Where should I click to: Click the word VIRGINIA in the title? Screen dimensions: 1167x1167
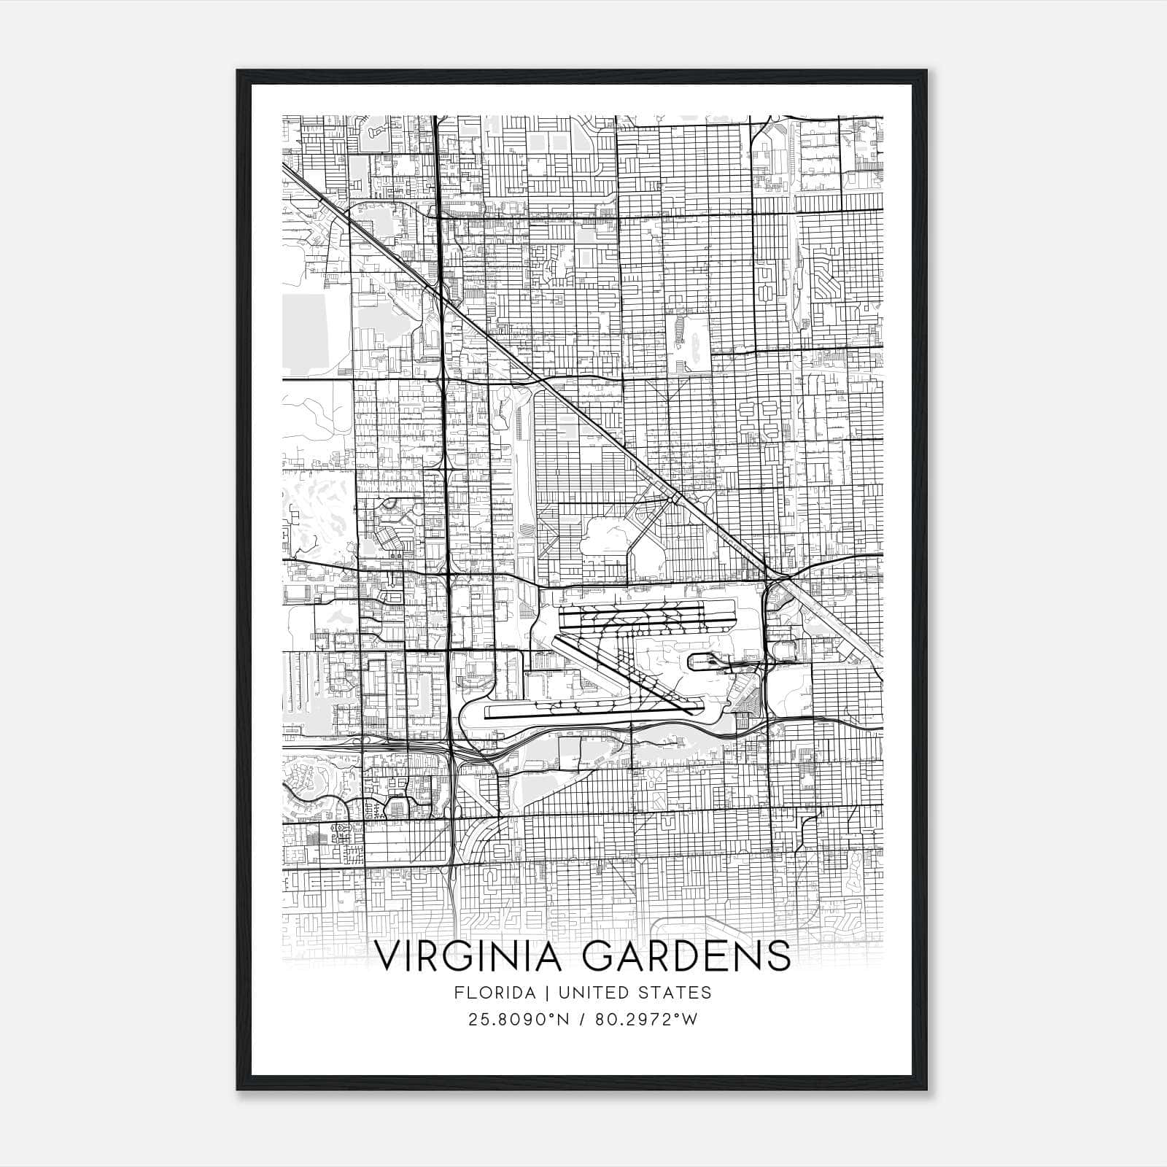pyautogui.click(x=470, y=956)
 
